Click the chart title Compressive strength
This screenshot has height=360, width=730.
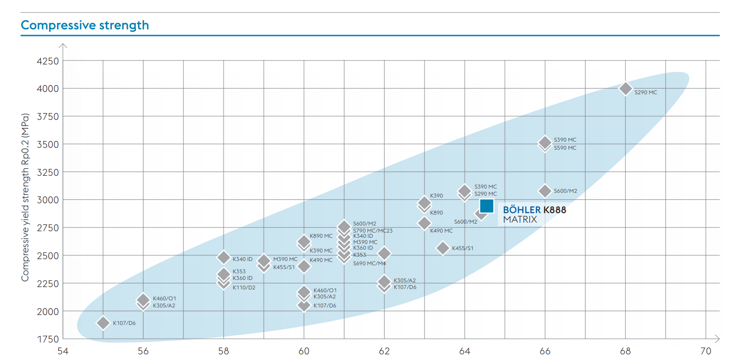85,25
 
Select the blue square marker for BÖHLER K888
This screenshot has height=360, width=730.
487,206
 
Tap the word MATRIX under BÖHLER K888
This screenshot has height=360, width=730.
520,219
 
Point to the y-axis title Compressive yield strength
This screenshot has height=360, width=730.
25,197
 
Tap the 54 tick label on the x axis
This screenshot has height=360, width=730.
63,351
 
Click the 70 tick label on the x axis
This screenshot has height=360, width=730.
706,351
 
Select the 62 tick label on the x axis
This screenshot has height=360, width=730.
384,351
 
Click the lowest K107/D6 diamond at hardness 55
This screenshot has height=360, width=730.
103,323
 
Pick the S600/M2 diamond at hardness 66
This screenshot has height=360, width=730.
545,191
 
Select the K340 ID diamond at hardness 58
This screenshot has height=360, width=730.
224,257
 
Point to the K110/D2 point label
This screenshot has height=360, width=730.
243,288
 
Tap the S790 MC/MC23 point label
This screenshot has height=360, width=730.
373,231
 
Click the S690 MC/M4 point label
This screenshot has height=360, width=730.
370,263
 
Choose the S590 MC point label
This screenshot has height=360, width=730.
565,148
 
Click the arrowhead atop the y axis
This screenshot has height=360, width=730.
63,46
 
